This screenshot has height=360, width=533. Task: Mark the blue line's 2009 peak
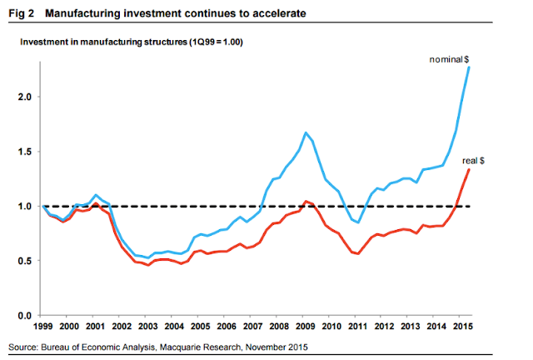point(306,132)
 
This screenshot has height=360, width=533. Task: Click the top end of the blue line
point(470,67)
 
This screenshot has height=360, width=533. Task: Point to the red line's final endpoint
point(470,169)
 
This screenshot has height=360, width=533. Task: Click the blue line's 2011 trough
point(359,223)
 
